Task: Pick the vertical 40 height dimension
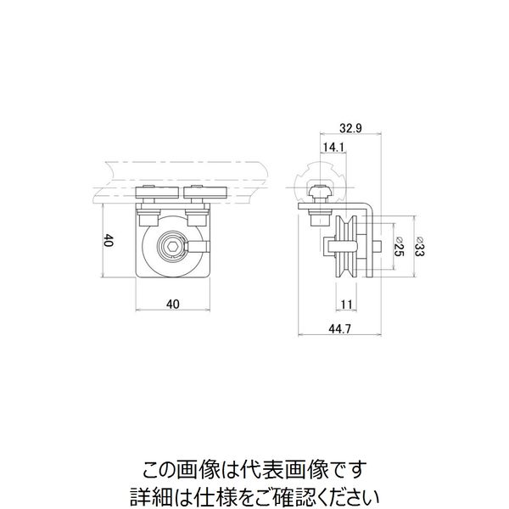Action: click(x=107, y=240)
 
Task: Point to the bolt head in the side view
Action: click(x=321, y=192)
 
